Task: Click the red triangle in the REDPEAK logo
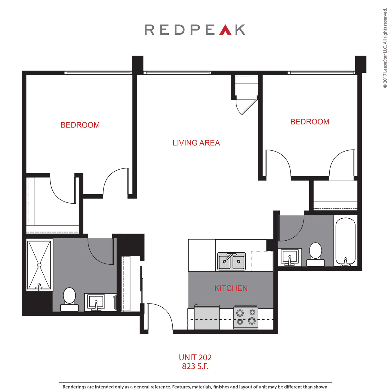point(225,30)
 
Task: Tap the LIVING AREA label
point(196,143)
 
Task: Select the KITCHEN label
point(231,288)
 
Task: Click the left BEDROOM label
point(80,125)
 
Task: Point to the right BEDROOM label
point(310,122)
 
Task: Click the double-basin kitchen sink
point(231,261)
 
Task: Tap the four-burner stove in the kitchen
point(246,318)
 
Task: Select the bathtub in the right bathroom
point(345,242)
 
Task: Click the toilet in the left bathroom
point(69,299)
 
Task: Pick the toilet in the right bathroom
point(315,254)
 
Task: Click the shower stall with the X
point(39,265)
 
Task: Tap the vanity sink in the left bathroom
point(96,302)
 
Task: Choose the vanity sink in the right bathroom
point(290,257)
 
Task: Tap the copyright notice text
point(385,48)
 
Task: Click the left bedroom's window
point(98,73)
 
